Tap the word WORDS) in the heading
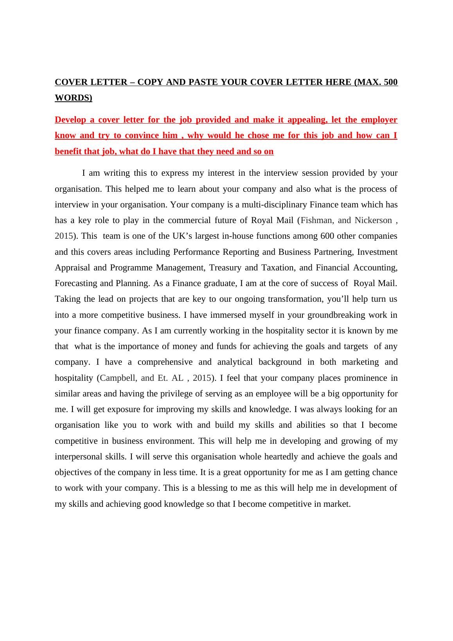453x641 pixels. [74, 98]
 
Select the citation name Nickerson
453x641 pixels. [373, 220]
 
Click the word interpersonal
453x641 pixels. [79, 457]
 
